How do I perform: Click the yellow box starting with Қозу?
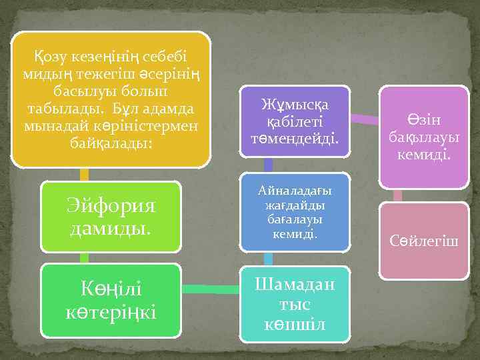point(111,100)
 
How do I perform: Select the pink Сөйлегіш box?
point(424,241)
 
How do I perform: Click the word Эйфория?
point(111,206)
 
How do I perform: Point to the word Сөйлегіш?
point(424,241)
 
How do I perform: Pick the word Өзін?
point(425,120)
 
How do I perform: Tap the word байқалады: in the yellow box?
point(111,142)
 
